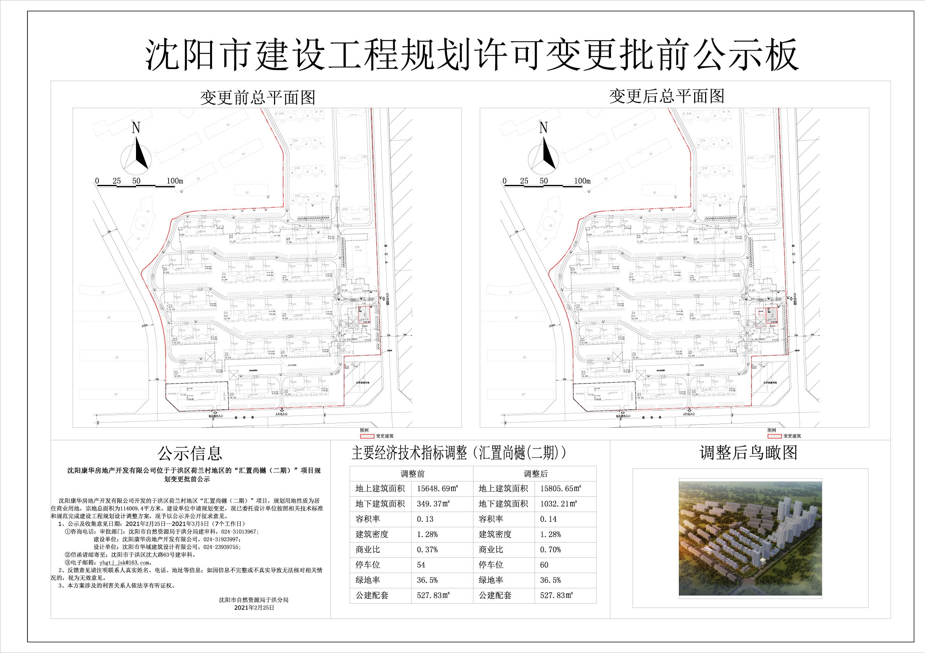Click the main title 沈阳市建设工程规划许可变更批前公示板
tap(472, 55)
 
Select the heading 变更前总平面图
tap(258, 98)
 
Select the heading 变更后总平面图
tap(666, 96)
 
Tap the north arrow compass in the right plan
tap(544, 155)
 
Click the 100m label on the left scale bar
tap(175, 181)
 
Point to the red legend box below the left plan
tap(366, 436)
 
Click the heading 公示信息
tap(190, 453)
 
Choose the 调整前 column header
tap(412, 474)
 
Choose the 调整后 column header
tap(535, 474)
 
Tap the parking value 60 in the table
tap(544, 565)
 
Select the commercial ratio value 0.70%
tap(550, 550)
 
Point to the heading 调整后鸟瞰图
tap(749, 453)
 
